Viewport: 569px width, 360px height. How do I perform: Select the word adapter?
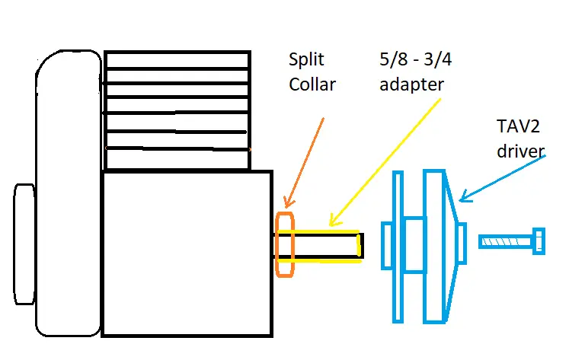[x=410, y=84]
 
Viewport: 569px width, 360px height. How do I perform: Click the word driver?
[x=521, y=151]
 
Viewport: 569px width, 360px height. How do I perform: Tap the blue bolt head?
[x=539, y=241]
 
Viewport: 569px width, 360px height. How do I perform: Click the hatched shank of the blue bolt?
[x=506, y=242]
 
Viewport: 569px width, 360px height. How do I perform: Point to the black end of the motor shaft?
[x=360, y=245]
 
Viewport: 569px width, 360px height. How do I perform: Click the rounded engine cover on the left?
[x=67, y=198]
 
